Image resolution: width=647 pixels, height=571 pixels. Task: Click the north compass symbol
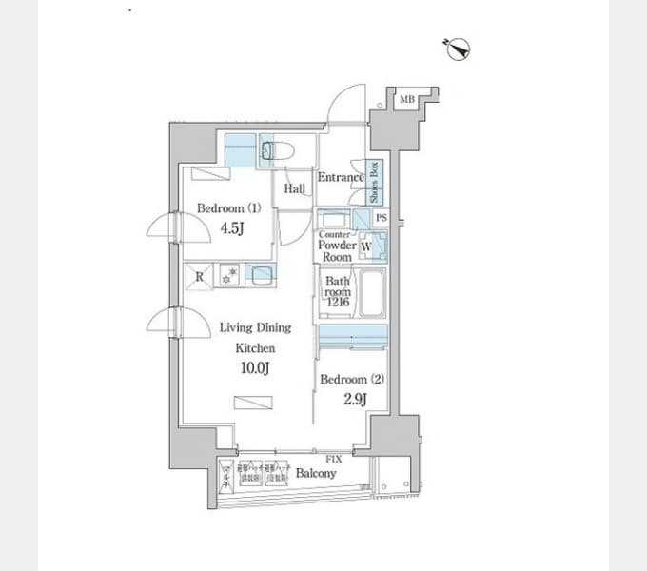click(x=458, y=47)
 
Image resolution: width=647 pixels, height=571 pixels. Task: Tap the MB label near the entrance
click(x=406, y=99)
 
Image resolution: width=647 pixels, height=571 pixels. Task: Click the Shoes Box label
click(x=375, y=181)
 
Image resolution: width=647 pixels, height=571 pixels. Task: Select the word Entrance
click(x=341, y=177)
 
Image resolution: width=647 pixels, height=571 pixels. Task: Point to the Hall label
click(x=294, y=189)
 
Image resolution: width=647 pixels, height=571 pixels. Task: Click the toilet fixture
click(x=279, y=150)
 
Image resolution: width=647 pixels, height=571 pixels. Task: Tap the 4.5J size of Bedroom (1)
click(x=233, y=228)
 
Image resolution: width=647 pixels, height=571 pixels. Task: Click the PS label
click(x=381, y=218)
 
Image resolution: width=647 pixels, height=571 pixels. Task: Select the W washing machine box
click(x=367, y=246)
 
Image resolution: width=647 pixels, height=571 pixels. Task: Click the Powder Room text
click(x=337, y=251)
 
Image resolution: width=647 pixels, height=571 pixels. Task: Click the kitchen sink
click(x=260, y=275)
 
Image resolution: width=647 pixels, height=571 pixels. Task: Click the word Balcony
click(x=315, y=473)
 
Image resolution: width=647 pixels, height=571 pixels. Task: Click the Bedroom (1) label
click(x=228, y=207)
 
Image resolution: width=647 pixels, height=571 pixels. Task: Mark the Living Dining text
click(x=255, y=327)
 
